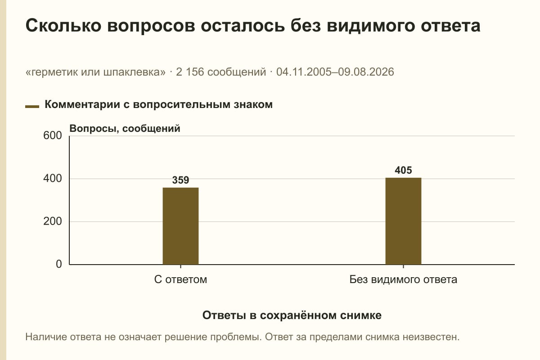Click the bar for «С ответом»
pyautogui.click(x=180, y=226)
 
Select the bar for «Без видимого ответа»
pyautogui.click(x=403, y=221)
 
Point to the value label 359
pyautogui.click(x=180, y=180)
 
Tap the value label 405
pyautogui.click(x=403, y=170)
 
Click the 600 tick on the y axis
pyautogui.click(x=53, y=135)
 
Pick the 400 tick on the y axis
pyautogui.click(x=53, y=179)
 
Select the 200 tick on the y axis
pyautogui.click(x=53, y=221)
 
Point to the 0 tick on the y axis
pyautogui.click(x=59, y=264)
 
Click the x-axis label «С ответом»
pyautogui.click(x=180, y=279)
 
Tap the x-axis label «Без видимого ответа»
pyautogui.click(x=403, y=279)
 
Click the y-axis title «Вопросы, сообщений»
pyautogui.click(x=125, y=129)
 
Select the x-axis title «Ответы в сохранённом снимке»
pyautogui.click(x=292, y=315)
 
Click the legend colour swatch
pyautogui.click(x=32, y=107)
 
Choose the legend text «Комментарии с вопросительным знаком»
pyautogui.click(x=158, y=104)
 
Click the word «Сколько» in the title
pyautogui.click(x=63, y=26)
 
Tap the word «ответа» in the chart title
pyautogui.click(x=450, y=26)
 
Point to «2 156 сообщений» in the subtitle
pyautogui.click(x=221, y=72)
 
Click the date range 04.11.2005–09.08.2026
pyautogui.click(x=335, y=72)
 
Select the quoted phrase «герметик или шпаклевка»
pyautogui.click(x=95, y=72)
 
